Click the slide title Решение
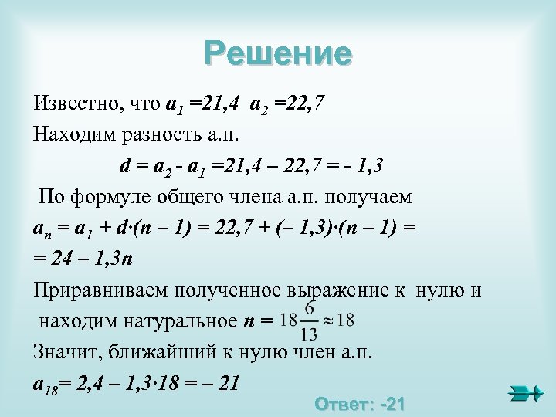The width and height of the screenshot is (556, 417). [x=278, y=54]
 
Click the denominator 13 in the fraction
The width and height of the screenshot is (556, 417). [x=309, y=334]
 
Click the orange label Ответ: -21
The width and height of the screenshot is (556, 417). [x=361, y=405]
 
